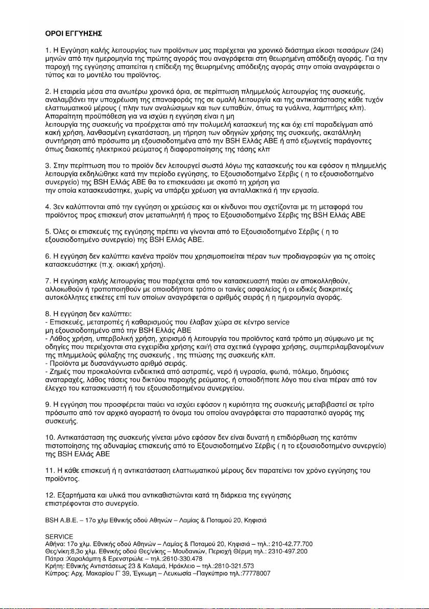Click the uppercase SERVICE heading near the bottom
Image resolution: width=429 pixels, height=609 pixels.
(x=59, y=536)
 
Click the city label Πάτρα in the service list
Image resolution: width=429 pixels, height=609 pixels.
(x=53, y=558)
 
